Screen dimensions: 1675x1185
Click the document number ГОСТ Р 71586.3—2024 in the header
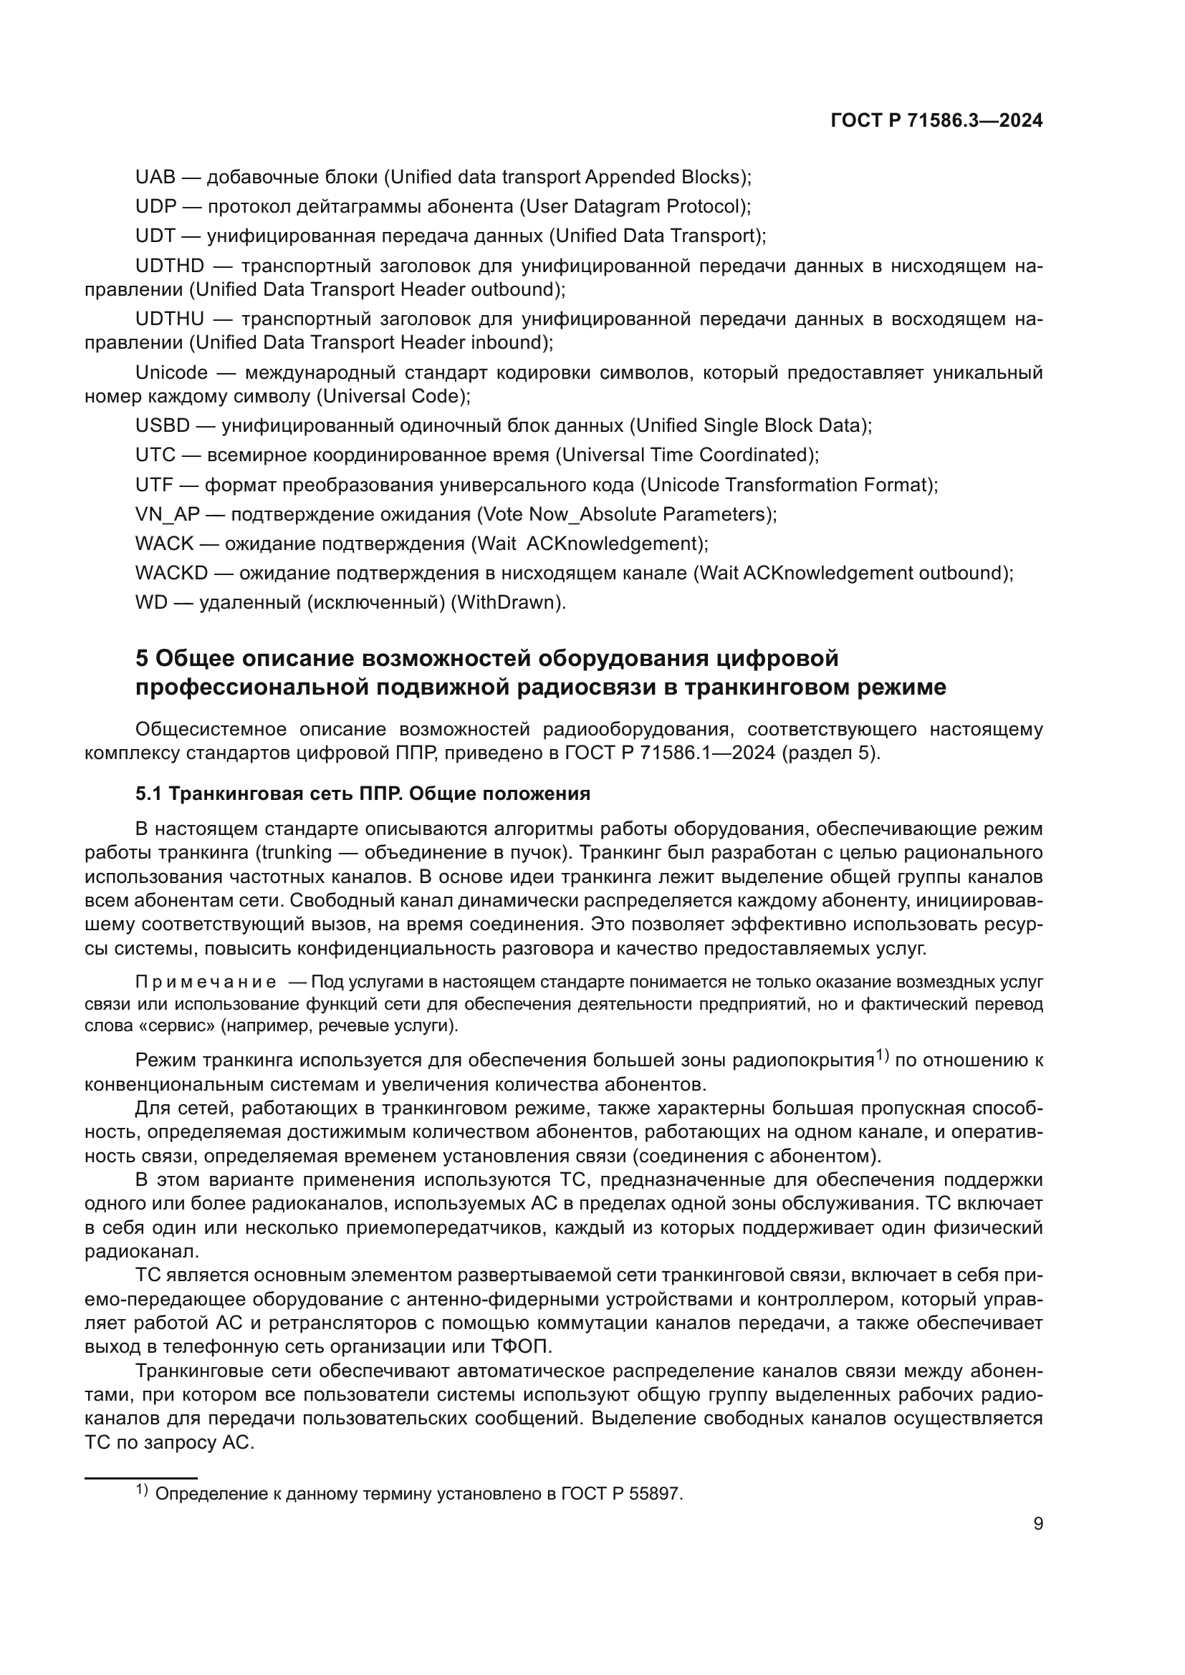[x=936, y=121]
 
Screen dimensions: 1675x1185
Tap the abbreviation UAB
[x=155, y=178]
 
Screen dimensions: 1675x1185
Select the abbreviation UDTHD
[x=169, y=266]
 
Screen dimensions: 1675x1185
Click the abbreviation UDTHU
[x=169, y=319]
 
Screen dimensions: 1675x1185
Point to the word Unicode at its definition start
[x=171, y=373]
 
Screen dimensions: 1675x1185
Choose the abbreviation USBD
[x=162, y=425]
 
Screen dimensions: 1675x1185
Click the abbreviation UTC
[x=155, y=455]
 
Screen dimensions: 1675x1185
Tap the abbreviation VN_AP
[x=167, y=514]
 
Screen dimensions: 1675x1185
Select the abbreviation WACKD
[x=171, y=573]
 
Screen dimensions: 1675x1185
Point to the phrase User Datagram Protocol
[x=634, y=206]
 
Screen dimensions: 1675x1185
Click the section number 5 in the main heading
[x=142, y=658]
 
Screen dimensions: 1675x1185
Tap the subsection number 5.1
[x=149, y=793]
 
